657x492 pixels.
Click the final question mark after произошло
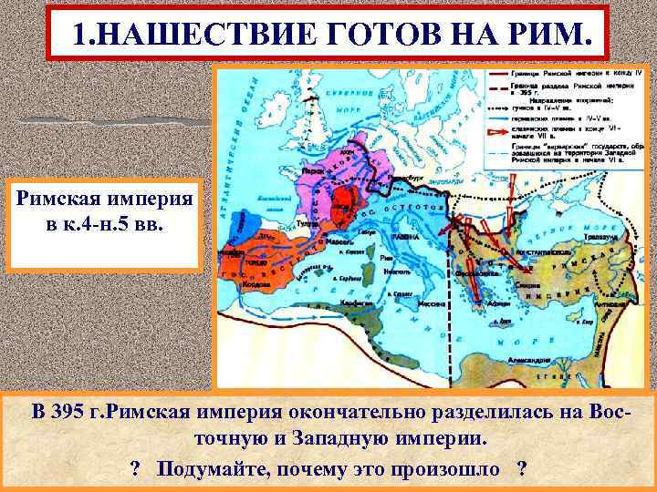521,468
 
